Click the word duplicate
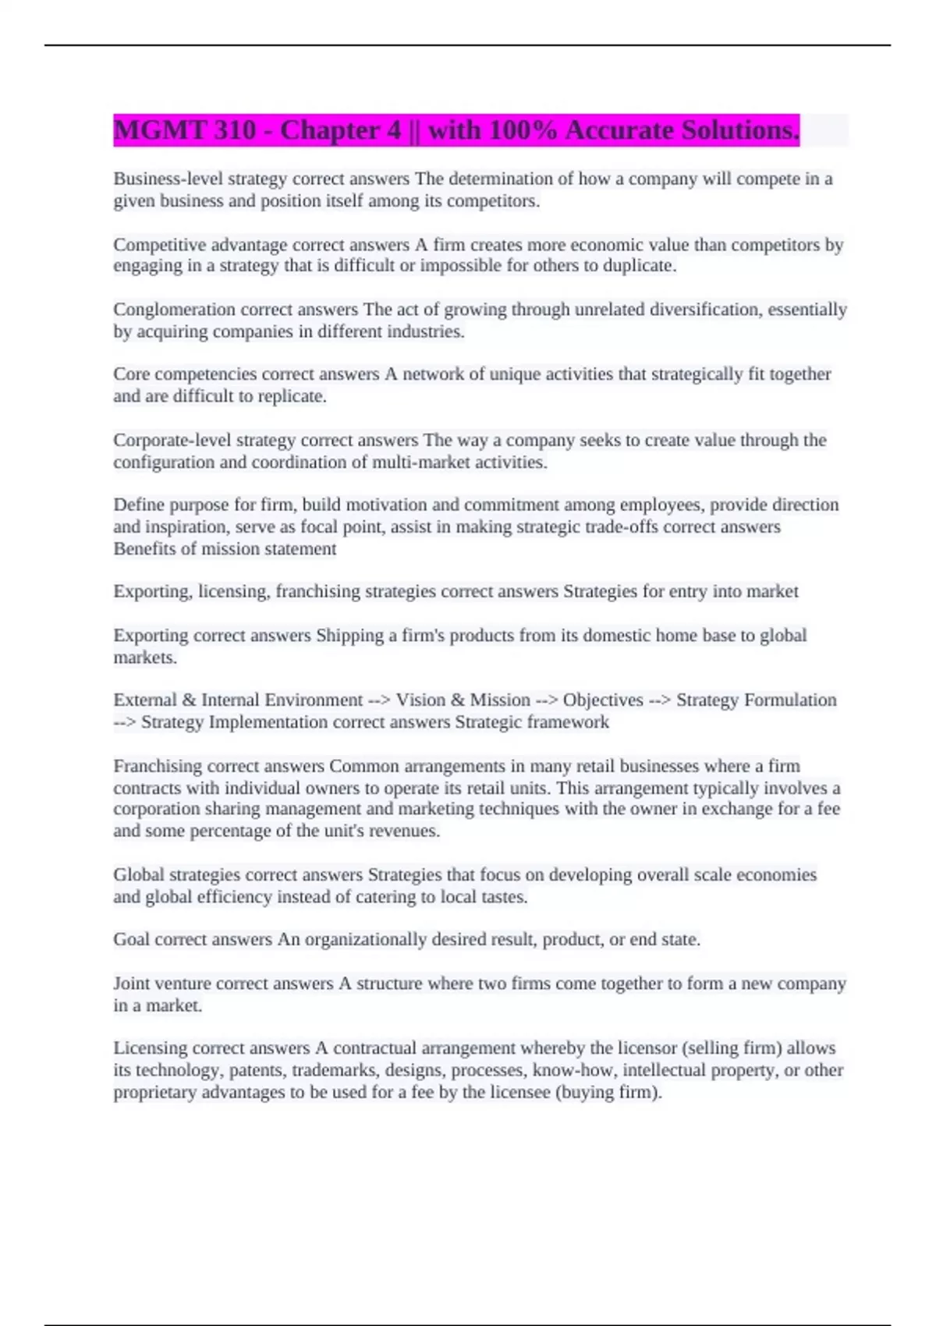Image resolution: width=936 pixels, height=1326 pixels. pyautogui.click(x=640, y=266)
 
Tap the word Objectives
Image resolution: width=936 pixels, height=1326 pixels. pyautogui.click(x=603, y=700)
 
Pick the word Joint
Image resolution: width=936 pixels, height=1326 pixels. pyautogui.click(x=129, y=984)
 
